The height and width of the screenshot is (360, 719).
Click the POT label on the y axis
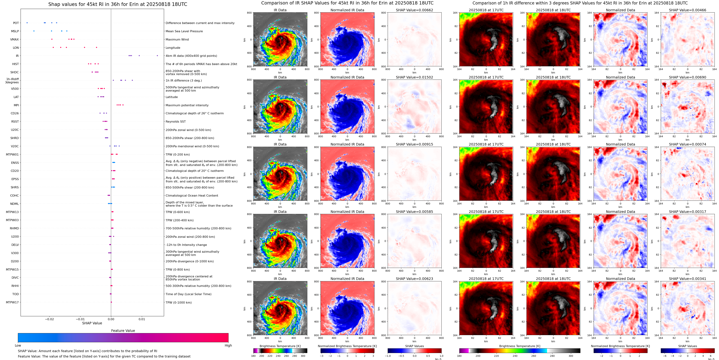(16, 23)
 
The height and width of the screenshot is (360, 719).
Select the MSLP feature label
(15, 31)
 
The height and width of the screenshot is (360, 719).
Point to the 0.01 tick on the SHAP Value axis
(142, 319)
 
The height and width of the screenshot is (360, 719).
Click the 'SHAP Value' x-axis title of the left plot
(92, 323)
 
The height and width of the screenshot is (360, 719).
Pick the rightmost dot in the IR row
(157, 56)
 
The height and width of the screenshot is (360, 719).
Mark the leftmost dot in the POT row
(27, 23)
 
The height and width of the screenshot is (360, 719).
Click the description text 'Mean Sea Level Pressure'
(184, 31)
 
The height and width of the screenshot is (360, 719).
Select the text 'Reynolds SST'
(175, 121)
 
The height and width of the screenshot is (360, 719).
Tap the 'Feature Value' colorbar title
(123, 331)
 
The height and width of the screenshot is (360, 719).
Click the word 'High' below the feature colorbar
(228, 345)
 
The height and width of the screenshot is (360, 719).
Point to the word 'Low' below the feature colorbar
(18, 345)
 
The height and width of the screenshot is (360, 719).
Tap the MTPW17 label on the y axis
(12, 302)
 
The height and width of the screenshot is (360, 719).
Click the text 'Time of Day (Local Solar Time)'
(188, 294)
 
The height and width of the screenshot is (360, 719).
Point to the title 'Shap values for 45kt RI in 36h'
(117, 4)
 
